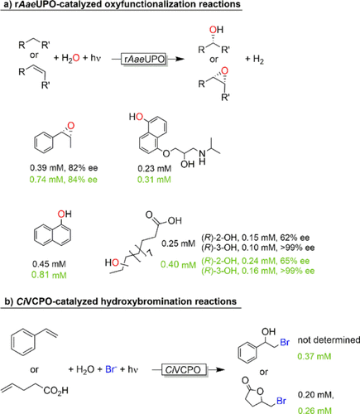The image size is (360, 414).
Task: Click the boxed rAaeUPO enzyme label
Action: tap(144, 59)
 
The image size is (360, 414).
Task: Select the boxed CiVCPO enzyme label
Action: tap(184, 369)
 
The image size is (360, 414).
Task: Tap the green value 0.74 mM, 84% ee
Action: tap(64, 180)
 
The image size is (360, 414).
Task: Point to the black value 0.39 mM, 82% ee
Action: tap(64, 168)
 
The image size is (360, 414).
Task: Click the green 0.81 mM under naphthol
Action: tap(49, 275)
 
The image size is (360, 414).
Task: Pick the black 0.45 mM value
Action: tap(49, 264)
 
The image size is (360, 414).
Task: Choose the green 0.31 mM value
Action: tap(154, 180)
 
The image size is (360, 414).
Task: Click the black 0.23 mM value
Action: tap(155, 168)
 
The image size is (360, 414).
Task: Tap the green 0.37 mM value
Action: tap(314, 356)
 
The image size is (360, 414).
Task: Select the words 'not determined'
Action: tap(329, 339)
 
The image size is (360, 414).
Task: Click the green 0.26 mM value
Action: tap(314, 410)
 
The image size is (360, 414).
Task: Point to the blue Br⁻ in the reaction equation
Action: tap(110, 369)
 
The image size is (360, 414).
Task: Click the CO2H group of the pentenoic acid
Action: tap(55, 391)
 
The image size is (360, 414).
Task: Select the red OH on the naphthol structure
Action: tap(65, 214)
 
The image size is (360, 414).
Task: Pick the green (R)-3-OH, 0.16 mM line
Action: tap(258, 271)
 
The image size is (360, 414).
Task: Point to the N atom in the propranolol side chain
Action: tap(203, 155)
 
